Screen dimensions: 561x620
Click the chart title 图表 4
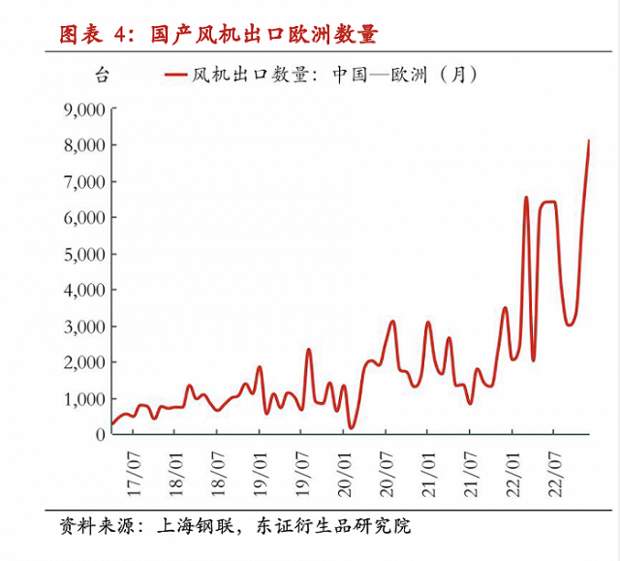93,35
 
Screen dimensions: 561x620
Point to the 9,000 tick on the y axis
81,109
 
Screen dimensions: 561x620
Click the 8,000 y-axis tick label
81,145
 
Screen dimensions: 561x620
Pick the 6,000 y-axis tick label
81,218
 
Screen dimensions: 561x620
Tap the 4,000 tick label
81,290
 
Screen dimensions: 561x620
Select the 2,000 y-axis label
81,362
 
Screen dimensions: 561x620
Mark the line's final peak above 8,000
589,141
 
